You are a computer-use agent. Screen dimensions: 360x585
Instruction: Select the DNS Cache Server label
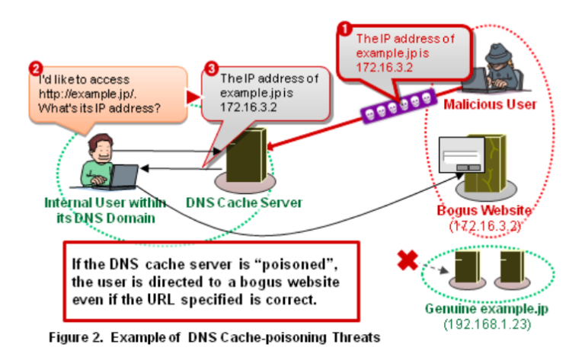(x=245, y=203)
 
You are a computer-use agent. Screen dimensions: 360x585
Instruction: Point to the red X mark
(x=409, y=260)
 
